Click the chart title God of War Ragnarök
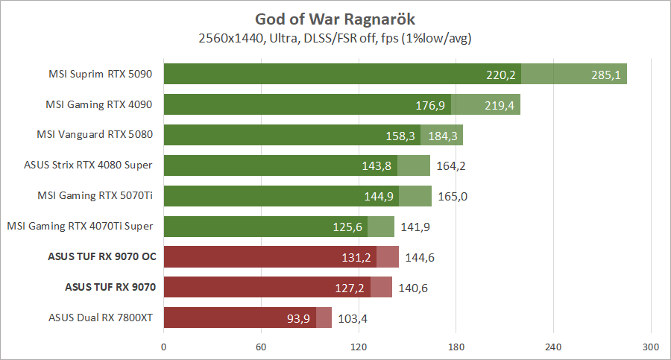[335, 18]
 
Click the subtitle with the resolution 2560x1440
[335, 37]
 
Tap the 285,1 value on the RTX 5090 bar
[605, 75]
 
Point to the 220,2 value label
[501, 75]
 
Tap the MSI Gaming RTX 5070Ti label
[95, 196]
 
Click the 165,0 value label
[453, 197]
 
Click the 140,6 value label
[413, 288]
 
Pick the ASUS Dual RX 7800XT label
[99, 318]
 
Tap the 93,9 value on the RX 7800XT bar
[297, 318]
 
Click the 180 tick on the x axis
[456, 347]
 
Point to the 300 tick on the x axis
[651, 347]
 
